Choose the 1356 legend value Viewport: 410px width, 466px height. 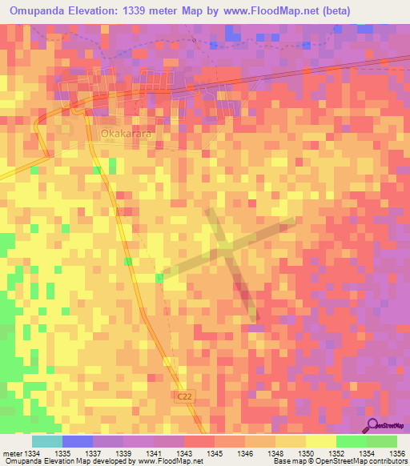(397, 454)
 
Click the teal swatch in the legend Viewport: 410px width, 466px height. (46, 441)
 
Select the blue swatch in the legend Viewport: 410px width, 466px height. (77, 441)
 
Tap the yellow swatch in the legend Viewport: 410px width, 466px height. (320, 441)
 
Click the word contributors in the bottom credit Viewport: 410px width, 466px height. (388, 462)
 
